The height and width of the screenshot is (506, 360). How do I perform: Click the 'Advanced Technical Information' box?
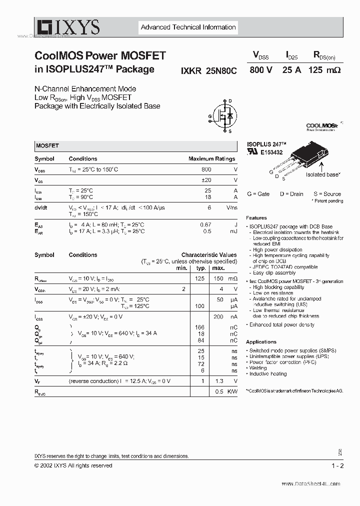[x=188, y=27]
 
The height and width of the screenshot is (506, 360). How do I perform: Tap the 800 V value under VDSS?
[x=260, y=70]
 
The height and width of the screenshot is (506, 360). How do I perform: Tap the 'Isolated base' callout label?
[x=323, y=174]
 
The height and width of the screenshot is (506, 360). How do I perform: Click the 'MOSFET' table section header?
[x=47, y=146]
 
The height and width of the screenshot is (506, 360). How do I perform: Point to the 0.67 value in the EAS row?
[x=205, y=225]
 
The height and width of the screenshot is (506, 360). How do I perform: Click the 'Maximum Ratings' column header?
[x=211, y=159]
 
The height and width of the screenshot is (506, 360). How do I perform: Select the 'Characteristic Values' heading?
[x=209, y=255]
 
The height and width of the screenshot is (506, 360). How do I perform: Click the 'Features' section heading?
[x=256, y=218]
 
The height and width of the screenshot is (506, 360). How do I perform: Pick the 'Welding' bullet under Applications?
[x=258, y=367]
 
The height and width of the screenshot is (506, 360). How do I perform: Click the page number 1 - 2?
[x=338, y=465]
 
